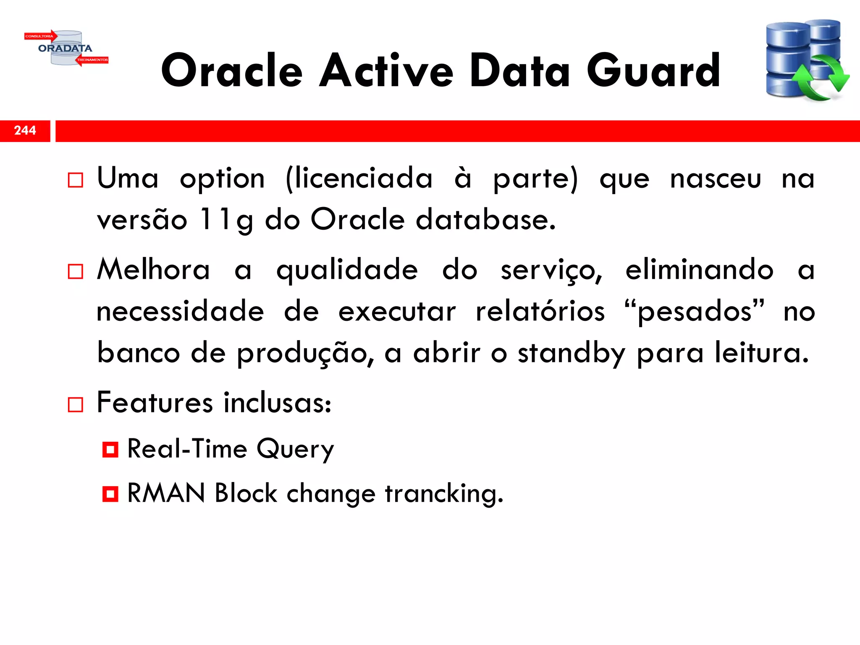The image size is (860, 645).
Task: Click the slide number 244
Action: pyautogui.click(x=25, y=131)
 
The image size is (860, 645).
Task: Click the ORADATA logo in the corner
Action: pyautogui.click(x=66, y=48)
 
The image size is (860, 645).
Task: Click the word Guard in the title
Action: pyautogui.click(x=653, y=71)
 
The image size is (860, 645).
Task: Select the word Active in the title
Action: pyautogui.click(x=386, y=71)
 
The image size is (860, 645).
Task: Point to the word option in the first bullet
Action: pyautogui.click(x=222, y=179)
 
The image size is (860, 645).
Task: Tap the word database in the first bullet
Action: pyautogui.click(x=485, y=220)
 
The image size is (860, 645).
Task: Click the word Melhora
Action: pyautogui.click(x=153, y=270)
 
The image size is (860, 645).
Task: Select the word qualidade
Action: pyautogui.click(x=347, y=270)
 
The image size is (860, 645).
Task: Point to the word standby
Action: pyautogui.click(x=572, y=354)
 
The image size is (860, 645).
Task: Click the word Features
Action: pyautogui.click(x=155, y=403)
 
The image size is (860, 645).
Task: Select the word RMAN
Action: pyautogui.click(x=166, y=493)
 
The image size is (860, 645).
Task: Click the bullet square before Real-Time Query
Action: pyautogui.click(x=110, y=450)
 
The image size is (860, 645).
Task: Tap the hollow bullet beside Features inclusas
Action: pyautogui.click(x=76, y=405)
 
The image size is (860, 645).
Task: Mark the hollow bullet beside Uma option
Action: pyautogui.click(x=76, y=180)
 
